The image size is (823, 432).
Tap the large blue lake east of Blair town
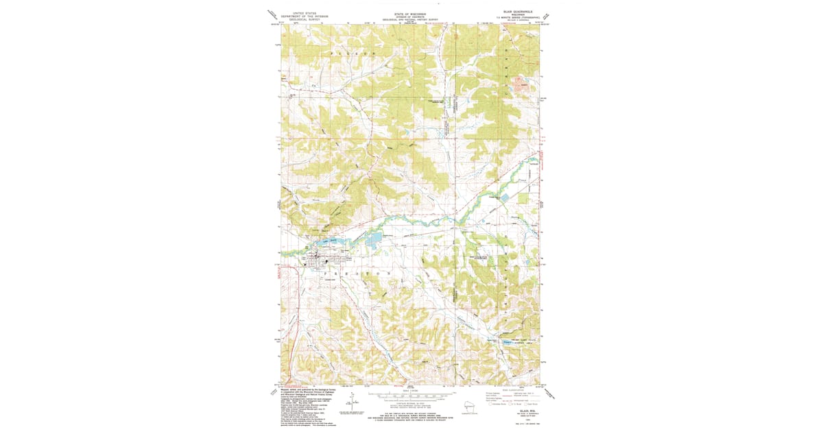coord(373,239)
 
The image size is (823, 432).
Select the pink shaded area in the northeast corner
coord(523,86)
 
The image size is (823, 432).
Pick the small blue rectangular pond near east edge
coord(505,197)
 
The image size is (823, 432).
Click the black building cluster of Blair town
coord(317,262)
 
